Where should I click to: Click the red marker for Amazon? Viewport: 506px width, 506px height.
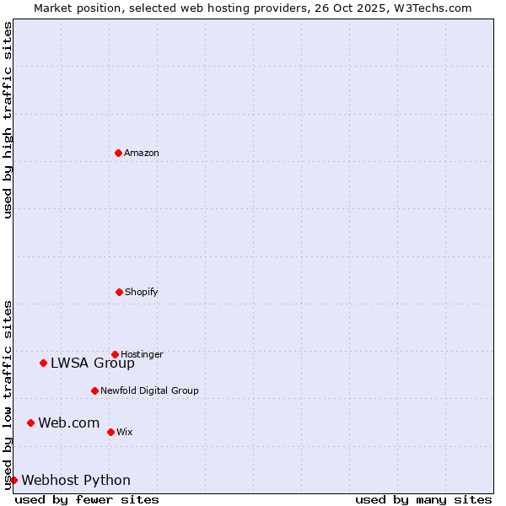118,153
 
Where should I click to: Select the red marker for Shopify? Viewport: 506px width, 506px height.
119,292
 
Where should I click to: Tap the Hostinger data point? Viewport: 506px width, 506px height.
115,354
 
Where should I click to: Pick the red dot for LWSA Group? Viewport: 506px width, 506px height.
43,363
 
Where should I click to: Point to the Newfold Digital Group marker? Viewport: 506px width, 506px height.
94,390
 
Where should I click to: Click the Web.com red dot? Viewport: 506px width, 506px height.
30,423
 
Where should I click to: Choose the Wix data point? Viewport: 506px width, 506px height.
110,432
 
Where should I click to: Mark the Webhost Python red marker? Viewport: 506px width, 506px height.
13,480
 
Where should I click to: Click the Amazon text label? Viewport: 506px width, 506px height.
142,153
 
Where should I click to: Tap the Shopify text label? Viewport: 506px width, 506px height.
142,292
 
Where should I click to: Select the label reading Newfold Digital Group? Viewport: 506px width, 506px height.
149,390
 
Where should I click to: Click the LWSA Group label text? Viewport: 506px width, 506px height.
93,363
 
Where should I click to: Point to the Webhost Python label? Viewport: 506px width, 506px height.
76,481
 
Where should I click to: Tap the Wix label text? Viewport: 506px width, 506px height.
125,432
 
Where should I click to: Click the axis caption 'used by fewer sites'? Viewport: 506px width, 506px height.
87,499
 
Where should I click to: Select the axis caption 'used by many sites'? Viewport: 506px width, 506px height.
423,499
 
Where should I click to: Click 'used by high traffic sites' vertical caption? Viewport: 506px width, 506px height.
8,120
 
